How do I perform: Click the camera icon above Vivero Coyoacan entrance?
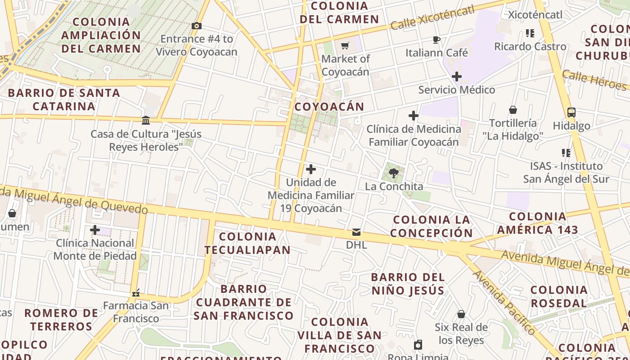pos(196,26)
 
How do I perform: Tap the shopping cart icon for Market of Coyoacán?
pos(345,45)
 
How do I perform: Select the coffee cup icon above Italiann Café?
pos(436,40)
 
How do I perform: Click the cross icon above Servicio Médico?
pos(457,76)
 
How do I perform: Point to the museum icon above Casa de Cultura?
pos(146,121)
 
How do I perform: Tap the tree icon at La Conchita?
pos(394,173)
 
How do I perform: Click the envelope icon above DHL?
pos(356,232)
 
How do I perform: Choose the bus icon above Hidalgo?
pos(571,112)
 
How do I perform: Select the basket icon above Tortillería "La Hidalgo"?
pos(513,110)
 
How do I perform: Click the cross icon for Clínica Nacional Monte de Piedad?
pos(95,230)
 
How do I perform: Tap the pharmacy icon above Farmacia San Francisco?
pos(136,293)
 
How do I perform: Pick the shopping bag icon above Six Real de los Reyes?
pos(461,314)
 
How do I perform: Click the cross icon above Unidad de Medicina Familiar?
pos(311,169)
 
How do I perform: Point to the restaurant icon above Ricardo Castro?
pos(530,33)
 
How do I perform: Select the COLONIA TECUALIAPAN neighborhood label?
pos(247,243)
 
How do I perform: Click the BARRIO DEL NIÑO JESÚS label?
pos(408,284)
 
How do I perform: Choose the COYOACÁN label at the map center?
pos(329,107)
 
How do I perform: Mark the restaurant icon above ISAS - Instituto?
pos(566,153)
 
